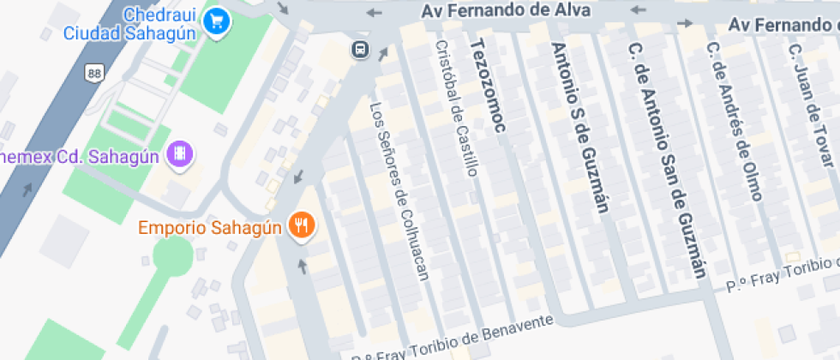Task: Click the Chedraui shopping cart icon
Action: click(x=218, y=18)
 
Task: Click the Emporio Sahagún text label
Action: click(x=210, y=228)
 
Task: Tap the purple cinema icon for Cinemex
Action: click(x=181, y=154)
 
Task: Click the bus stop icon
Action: click(x=361, y=49)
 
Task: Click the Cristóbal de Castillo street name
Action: click(x=455, y=108)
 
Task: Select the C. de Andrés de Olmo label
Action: click(x=734, y=120)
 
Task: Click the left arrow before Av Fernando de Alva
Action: click(x=375, y=12)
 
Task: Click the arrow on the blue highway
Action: click(x=28, y=188)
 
